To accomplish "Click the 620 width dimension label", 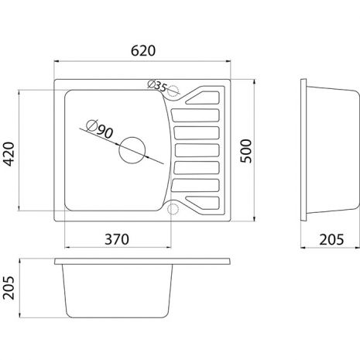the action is [x=143, y=50].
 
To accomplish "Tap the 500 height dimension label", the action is [x=245, y=151].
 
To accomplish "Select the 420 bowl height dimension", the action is [x=9, y=154].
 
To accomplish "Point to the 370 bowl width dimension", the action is [x=117, y=239].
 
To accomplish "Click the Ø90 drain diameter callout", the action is [x=100, y=129].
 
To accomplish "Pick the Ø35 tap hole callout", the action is [x=157, y=86].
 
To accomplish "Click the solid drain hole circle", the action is [x=132, y=150].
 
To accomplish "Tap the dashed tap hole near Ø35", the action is [x=173, y=91].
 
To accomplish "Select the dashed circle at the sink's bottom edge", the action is [x=173, y=209].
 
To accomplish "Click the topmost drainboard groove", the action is [x=203, y=98].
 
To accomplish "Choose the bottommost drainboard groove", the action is [x=203, y=203].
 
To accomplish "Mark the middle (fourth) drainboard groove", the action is [x=197, y=150].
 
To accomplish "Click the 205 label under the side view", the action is [x=331, y=240].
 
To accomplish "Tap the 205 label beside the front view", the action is [x=9, y=288].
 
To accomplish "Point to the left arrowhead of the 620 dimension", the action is [x=57, y=61].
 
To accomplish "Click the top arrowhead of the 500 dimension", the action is [x=255, y=82].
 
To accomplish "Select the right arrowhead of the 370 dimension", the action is [x=168, y=248].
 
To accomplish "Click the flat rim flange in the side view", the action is [x=303, y=150].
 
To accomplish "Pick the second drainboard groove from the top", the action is [x=195, y=115].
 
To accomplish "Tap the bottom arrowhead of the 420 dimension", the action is [x=19, y=208].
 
